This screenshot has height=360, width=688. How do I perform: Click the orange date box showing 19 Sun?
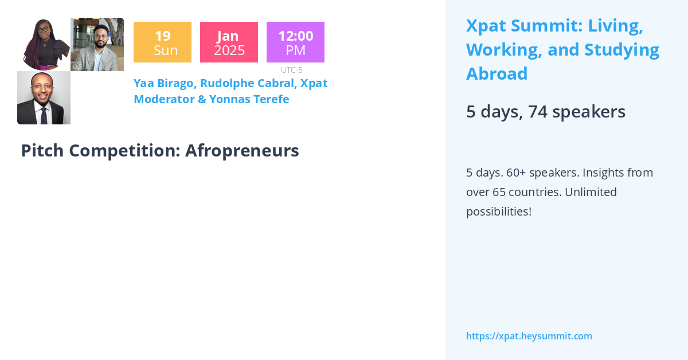coord(162,42)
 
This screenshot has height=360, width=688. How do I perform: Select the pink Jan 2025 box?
coord(229,42)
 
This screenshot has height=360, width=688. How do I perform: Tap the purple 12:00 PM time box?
coord(295,42)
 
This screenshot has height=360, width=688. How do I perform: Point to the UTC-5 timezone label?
coord(291,70)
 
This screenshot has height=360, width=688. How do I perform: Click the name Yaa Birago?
coord(164,83)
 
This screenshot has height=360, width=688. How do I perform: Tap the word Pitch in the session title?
coord(40,150)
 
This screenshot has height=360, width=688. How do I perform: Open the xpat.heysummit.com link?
coord(529,336)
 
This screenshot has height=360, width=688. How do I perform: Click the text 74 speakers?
coord(577,111)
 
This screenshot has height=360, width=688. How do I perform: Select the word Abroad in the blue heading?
coord(497,74)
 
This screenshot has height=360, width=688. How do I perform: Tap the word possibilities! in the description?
coord(498,211)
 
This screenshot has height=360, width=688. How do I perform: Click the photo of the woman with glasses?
coord(44,44)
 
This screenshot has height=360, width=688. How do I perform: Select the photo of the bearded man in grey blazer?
coord(97,44)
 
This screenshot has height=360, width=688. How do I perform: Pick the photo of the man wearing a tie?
coord(44,97)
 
